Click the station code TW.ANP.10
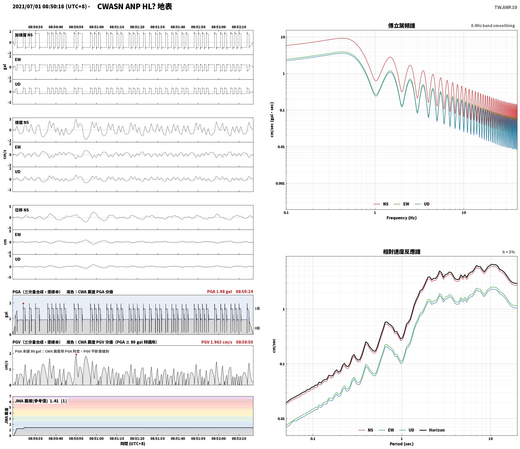(506, 7)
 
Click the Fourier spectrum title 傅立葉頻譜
(401, 26)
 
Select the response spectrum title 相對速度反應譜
(401, 252)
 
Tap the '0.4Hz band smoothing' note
(493, 26)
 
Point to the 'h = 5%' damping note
(509, 252)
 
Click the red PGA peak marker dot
(23, 304)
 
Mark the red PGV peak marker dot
(76, 354)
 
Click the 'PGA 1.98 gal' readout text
(219, 292)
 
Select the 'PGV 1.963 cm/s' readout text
(217, 342)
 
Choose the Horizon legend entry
(432, 430)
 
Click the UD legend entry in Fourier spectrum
(422, 204)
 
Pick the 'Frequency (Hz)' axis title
(401, 218)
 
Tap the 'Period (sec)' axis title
(401, 444)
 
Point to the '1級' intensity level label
(257, 308)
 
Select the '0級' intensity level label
(257, 328)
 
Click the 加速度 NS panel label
(24, 35)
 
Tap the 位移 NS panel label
(22, 210)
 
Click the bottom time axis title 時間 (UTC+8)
(133, 444)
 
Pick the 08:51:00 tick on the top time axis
(96, 27)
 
